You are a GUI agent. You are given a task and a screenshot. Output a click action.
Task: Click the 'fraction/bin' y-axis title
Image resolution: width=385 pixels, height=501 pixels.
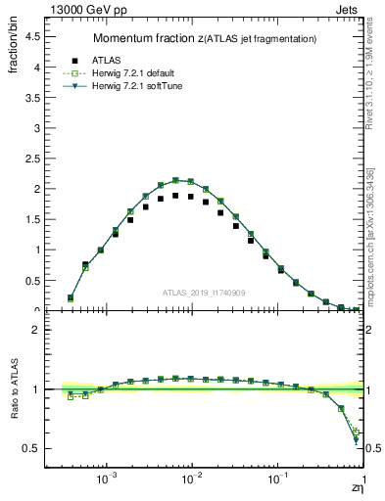[14, 49]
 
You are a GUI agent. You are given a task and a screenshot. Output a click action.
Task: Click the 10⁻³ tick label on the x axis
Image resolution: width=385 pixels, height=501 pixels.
[107, 483]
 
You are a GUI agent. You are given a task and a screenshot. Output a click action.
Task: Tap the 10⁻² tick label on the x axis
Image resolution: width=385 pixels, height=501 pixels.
[193, 483]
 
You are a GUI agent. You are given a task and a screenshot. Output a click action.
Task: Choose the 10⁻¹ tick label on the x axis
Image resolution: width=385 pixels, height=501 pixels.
[278, 483]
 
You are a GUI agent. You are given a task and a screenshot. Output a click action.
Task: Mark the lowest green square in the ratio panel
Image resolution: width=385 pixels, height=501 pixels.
[357, 432]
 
